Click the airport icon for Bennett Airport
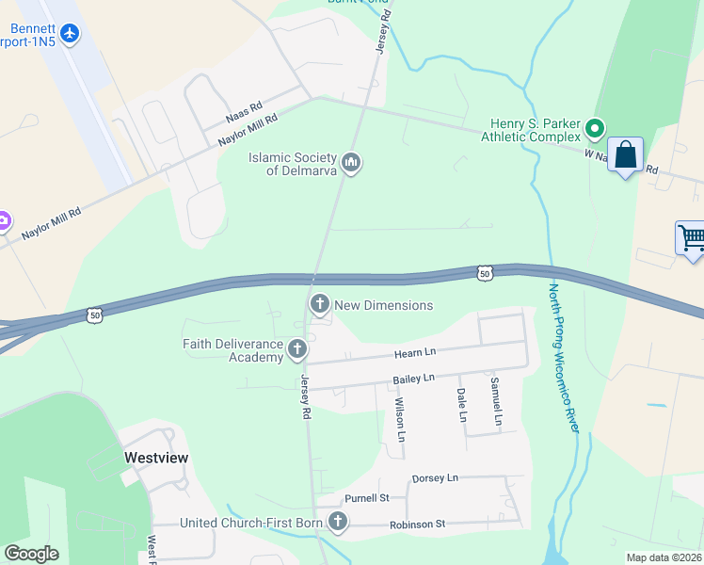[70, 34]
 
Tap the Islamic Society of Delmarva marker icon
[352, 164]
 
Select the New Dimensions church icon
[320, 304]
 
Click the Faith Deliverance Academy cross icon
[297, 350]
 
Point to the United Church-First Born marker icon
[337, 522]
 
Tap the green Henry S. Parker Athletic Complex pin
[594, 127]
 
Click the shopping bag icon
[625, 154]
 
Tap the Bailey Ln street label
[413, 379]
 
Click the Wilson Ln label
[399, 420]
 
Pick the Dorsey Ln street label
[434, 478]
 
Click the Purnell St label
[366, 498]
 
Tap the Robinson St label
[417, 524]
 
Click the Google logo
[31, 554]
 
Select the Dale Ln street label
[461, 405]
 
